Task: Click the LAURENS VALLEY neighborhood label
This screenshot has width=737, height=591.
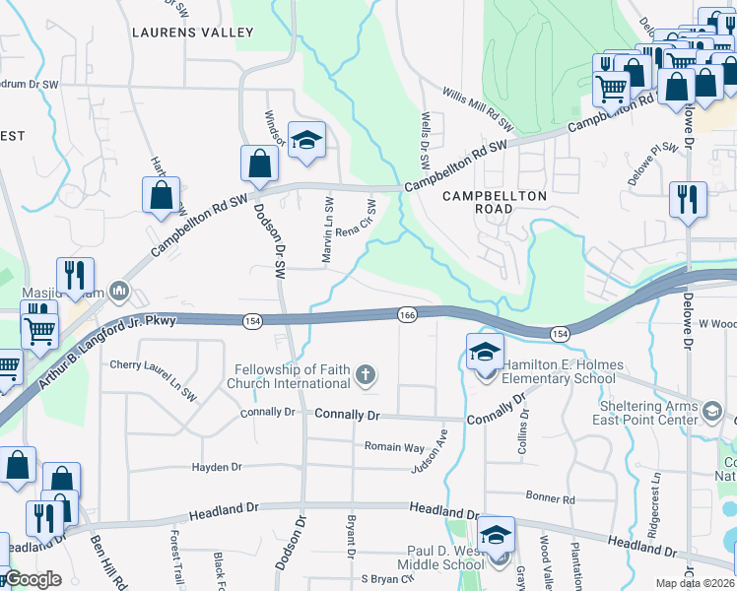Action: coord(192,33)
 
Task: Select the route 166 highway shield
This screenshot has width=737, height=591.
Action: coord(407,313)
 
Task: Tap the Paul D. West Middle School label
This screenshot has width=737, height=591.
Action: coord(441,558)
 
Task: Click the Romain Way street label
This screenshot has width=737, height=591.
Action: coord(394,447)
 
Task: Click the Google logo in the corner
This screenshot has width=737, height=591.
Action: coord(33,579)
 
